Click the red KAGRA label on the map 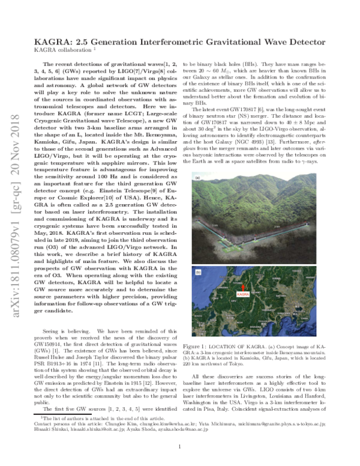tap(243, 294)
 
